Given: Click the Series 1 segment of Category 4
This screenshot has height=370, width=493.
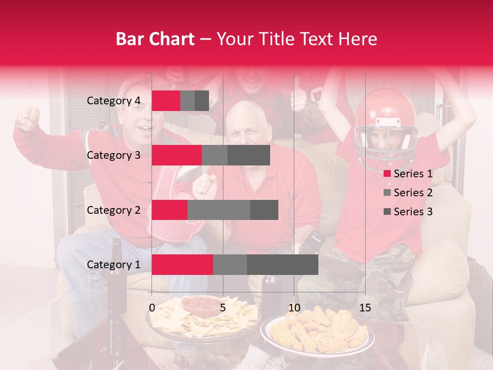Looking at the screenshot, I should point(166,101).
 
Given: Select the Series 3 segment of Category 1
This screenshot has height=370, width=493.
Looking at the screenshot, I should point(282,265).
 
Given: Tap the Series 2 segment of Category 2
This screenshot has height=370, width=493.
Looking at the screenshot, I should point(218,210).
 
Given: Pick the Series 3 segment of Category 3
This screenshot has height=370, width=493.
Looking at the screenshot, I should point(249,155).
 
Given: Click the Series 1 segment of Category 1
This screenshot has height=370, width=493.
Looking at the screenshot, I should point(182,265).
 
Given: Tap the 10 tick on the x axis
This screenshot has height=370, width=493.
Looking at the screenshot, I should point(294,308).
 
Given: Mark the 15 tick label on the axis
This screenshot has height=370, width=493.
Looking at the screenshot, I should point(365,308).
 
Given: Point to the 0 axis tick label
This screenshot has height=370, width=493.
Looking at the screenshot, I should point(152,308).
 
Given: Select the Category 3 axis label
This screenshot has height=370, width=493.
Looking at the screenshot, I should point(113,155).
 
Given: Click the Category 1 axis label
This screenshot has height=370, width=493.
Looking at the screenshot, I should point(113,265).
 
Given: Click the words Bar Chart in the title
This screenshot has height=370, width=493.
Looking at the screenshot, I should point(155,39).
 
